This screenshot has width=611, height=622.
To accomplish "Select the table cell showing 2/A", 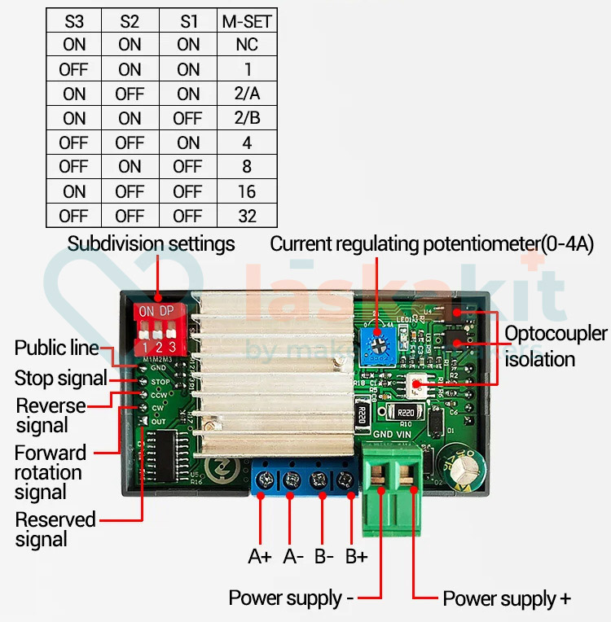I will coord(247,94).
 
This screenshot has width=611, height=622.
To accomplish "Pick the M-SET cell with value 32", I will coord(247,217).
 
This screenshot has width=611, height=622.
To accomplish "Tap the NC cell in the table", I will coord(247,46).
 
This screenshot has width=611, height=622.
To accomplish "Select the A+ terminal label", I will coord(260,557).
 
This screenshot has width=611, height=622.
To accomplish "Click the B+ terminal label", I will coord(356,557).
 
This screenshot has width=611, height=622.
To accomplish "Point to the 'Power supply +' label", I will coord(506,599).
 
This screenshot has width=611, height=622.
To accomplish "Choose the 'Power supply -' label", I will coord(291,598).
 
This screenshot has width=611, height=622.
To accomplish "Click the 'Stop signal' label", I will coord(60,379).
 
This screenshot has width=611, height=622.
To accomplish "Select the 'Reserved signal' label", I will coord(55,529).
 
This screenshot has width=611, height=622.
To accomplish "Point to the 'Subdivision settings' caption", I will coord(151,243).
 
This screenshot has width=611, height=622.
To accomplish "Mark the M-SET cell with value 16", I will coord(247,192).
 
